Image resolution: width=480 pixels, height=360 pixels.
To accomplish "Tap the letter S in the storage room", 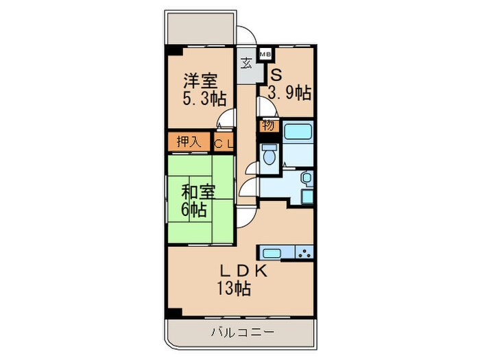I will tap(274, 74).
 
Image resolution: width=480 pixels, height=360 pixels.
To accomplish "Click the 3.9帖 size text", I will tap(289, 93).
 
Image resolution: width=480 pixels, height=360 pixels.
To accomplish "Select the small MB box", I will tap(265, 53).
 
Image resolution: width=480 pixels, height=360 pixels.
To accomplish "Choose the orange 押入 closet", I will tap(189, 143).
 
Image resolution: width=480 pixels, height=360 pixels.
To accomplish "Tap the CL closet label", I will tap(222, 143).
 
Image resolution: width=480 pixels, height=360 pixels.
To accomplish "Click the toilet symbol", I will tap(268, 152).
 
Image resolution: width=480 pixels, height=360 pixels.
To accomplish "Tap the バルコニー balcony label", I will tap(241, 333).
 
